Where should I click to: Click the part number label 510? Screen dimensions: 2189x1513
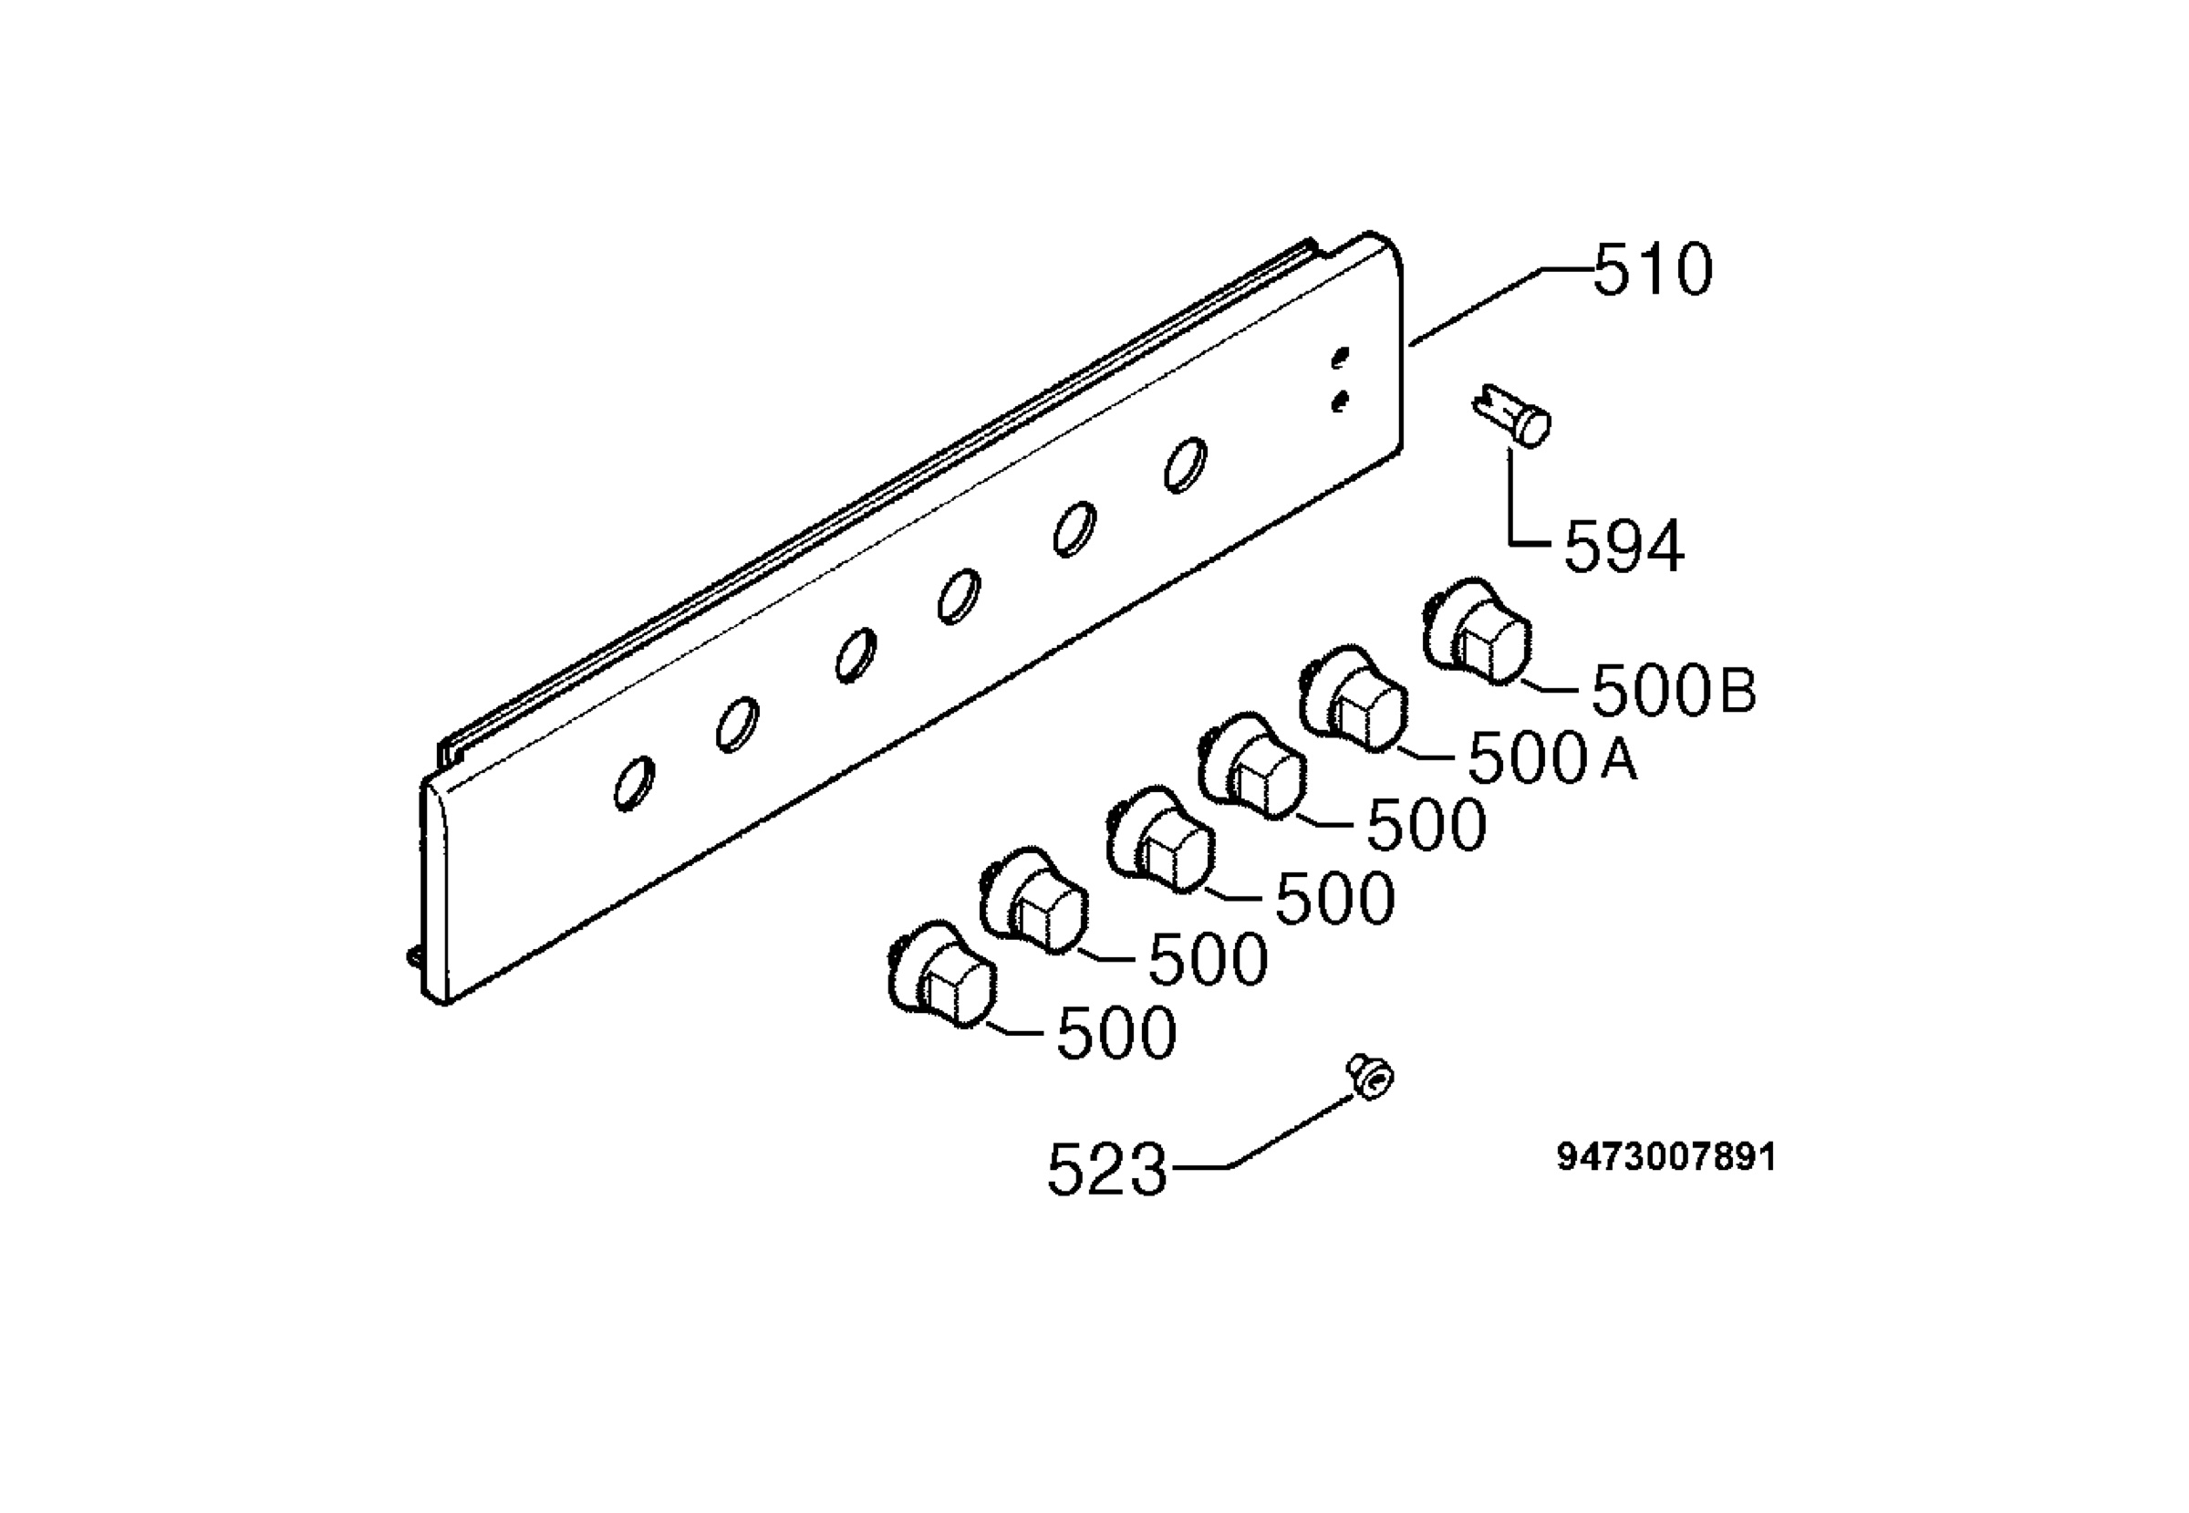1653,270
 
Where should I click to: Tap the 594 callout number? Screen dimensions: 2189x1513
1624,547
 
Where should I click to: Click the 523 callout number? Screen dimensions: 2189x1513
1107,1170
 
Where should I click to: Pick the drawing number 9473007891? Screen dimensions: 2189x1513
1665,1157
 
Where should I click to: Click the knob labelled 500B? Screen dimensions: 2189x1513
1478,631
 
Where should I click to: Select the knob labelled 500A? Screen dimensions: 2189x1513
1354,700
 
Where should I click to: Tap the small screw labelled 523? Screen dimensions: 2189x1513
1370,1078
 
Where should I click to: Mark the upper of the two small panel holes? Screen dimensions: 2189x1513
1340,359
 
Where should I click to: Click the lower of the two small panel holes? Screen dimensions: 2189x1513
1340,402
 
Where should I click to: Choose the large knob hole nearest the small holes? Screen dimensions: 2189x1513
1186,465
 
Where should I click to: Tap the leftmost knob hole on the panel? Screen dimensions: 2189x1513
634,783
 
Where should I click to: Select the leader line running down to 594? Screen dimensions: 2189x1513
1512,503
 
